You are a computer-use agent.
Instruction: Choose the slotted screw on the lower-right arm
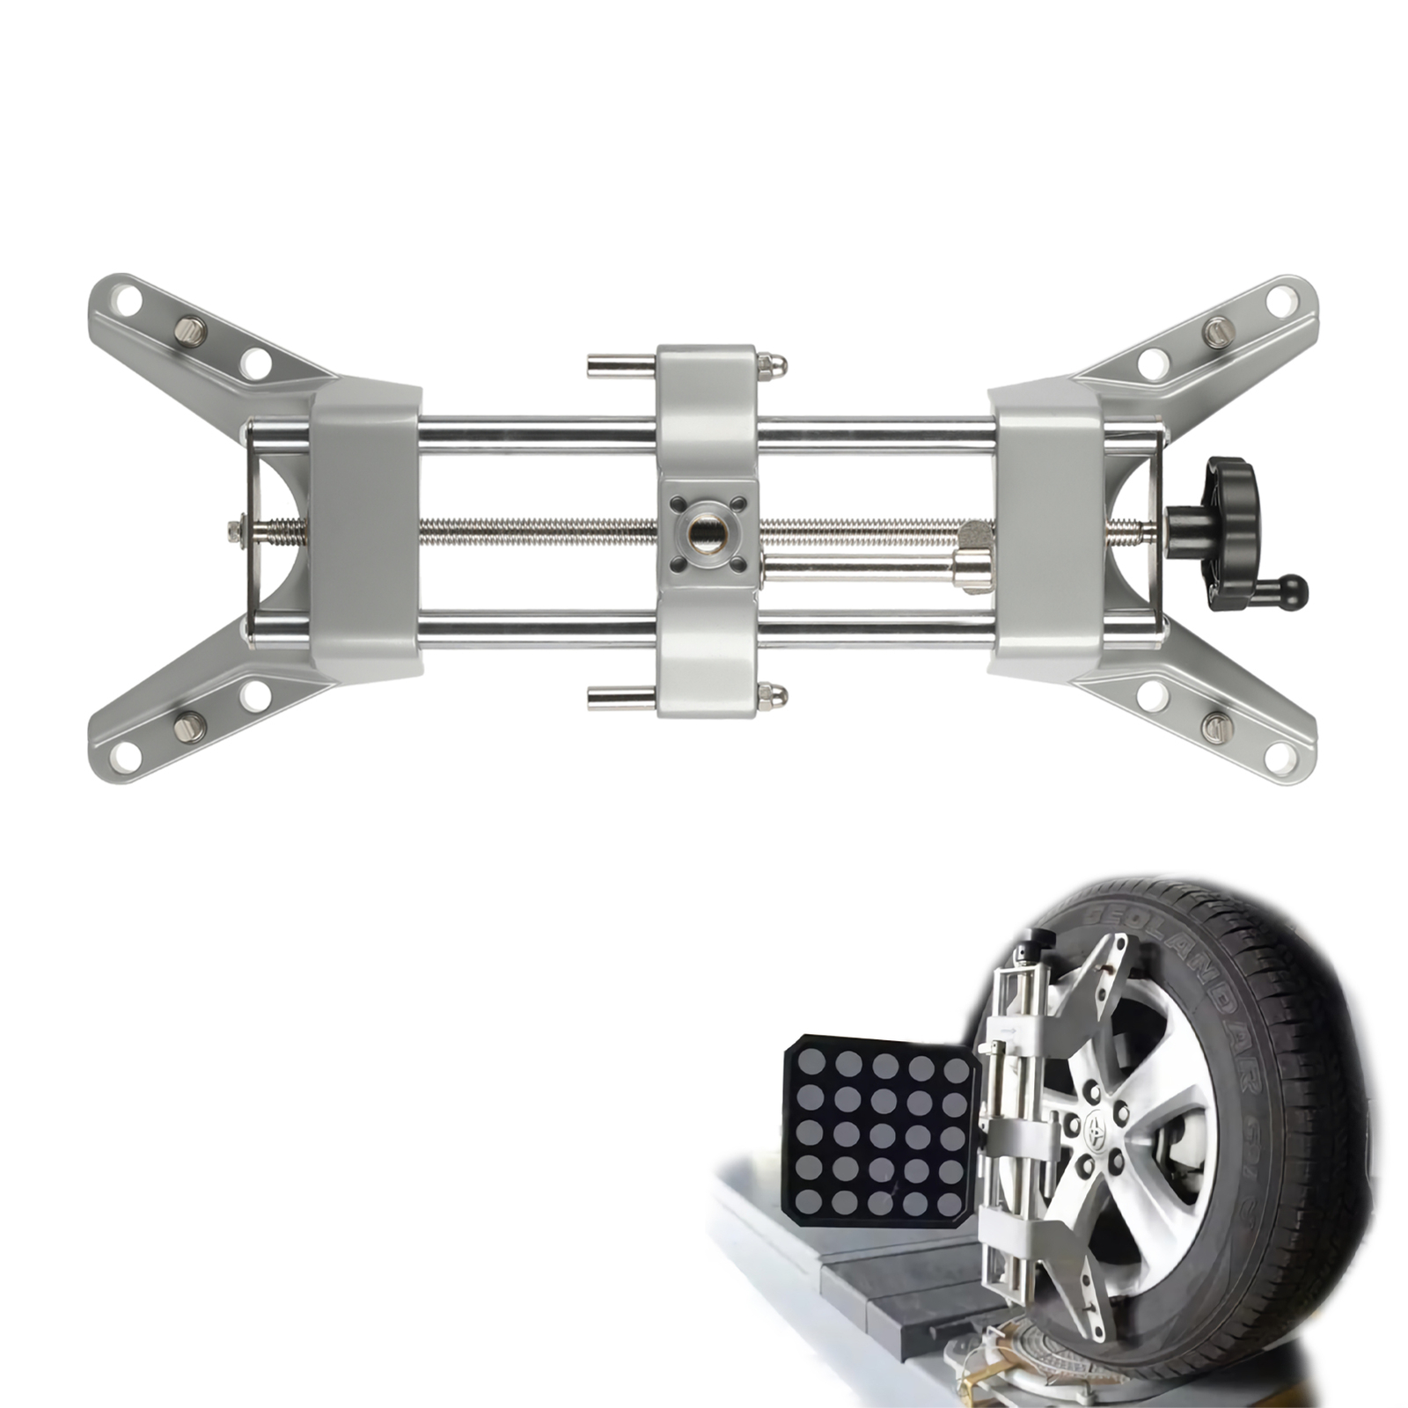click(1216, 726)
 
